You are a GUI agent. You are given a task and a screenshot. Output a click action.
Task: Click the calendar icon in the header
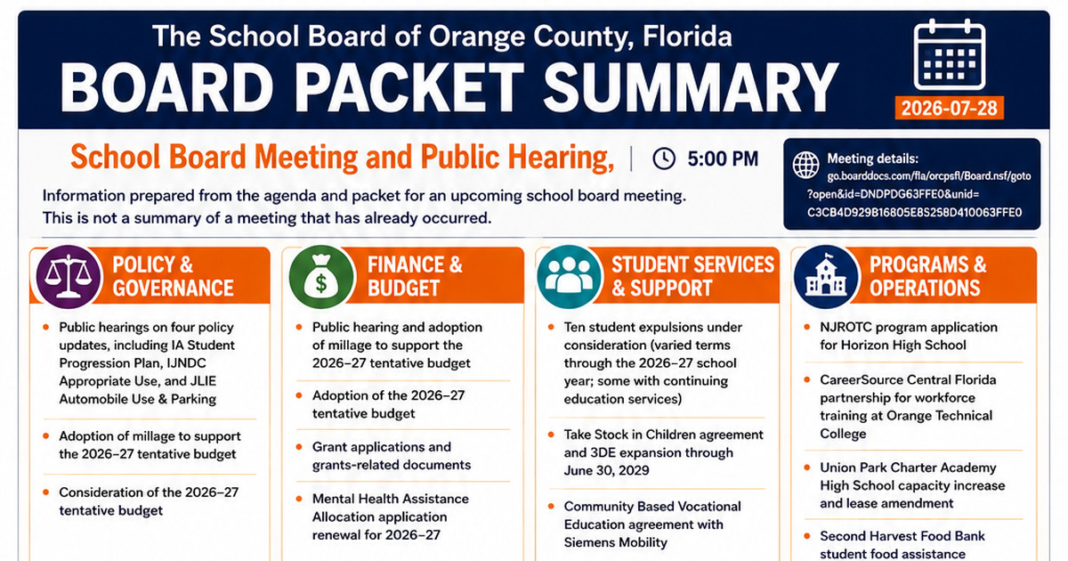pyautogui.click(x=950, y=54)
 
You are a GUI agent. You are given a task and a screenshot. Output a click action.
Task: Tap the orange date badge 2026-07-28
pyautogui.click(x=950, y=108)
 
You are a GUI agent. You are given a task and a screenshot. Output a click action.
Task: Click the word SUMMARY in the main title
pyautogui.click(x=691, y=88)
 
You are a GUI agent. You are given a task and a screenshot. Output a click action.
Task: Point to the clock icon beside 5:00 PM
pyautogui.click(x=664, y=159)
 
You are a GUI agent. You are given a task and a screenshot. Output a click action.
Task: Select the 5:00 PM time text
pyautogui.click(x=723, y=159)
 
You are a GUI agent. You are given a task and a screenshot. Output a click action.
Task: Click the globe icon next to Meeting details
pyautogui.click(x=805, y=165)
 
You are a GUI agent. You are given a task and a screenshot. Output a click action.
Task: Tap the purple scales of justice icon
pyautogui.click(x=69, y=276)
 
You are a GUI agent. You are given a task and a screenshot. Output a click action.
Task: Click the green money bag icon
pyautogui.click(x=322, y=276)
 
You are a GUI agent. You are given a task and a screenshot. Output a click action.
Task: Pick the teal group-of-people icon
pyautogui.click(x=570, y=276)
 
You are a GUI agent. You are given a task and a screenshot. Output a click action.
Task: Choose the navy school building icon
pyautogui.click(x=826, y=276)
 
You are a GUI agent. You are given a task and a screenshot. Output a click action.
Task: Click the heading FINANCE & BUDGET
pyautogui.click(x=415, y=276)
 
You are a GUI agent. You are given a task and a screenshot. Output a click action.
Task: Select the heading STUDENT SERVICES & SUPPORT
pyautogui.click(x=692, y=276)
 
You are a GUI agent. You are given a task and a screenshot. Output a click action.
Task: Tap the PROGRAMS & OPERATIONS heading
pyautogui.click(x=927, y=276)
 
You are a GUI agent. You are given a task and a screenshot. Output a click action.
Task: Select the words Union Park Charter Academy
pyautogui.click(x=908, y=467)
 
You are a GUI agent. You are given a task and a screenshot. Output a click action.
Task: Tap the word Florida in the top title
pyautogui.click(x=687, y=37)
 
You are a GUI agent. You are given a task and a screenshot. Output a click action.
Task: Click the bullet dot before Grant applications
pyautogui.click(x=299, y=447)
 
